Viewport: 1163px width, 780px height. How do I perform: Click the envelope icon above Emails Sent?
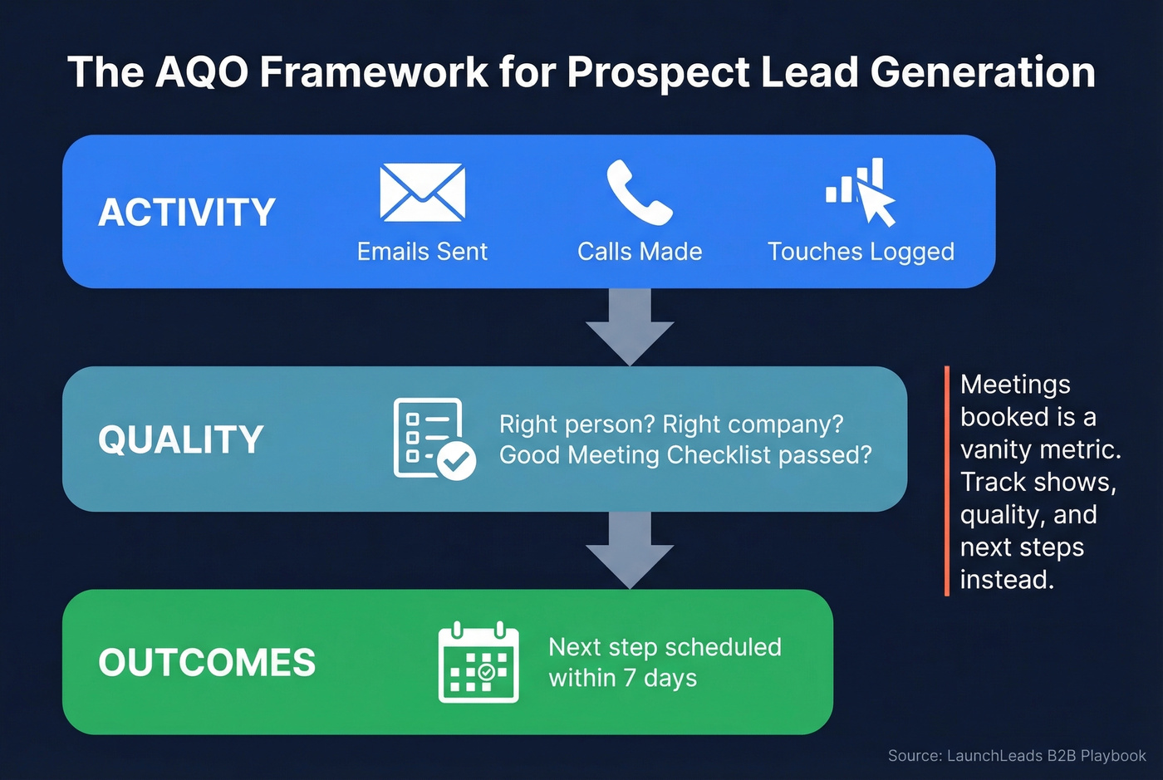click(422, 193)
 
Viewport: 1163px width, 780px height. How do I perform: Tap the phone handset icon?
click(638, 193)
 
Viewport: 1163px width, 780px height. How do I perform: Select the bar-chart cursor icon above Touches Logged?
click(861, 193)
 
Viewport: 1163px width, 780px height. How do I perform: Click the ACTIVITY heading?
click(187, 213)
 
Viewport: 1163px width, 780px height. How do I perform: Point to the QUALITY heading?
click(181, 439)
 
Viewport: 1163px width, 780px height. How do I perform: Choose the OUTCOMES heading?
click(207, 663)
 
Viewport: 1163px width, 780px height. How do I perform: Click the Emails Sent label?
click(422, 252)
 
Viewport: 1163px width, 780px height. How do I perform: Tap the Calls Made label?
click(640, 252)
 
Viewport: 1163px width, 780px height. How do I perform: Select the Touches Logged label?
click(861, 252)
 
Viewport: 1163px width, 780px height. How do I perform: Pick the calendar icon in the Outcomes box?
click(478, 662)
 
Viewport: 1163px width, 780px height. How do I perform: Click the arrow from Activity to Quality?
click(630, 326)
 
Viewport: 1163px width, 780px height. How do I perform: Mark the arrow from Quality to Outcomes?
click(630, 549)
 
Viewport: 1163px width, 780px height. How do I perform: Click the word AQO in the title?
click(202, 72)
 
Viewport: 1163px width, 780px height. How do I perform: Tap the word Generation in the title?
click(983, 72)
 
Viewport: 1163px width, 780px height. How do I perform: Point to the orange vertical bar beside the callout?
click(946, 482)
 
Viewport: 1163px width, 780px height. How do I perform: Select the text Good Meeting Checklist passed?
click(685, 455)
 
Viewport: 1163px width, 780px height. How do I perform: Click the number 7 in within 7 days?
click(630, 678)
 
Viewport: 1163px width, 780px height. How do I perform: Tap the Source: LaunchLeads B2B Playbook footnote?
click(1016, 756)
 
